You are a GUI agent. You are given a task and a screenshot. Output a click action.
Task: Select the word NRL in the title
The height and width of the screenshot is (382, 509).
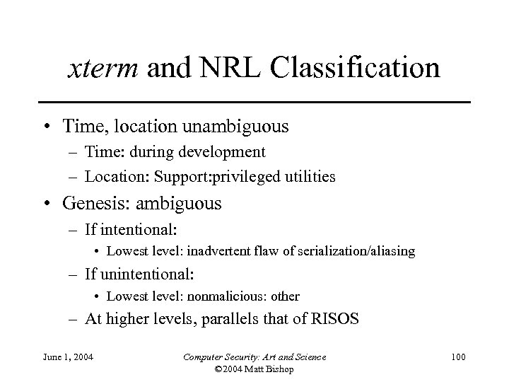click(x=216, y=69)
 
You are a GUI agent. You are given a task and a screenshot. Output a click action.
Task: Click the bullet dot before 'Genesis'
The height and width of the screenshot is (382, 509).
click(x=47, y=204)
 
